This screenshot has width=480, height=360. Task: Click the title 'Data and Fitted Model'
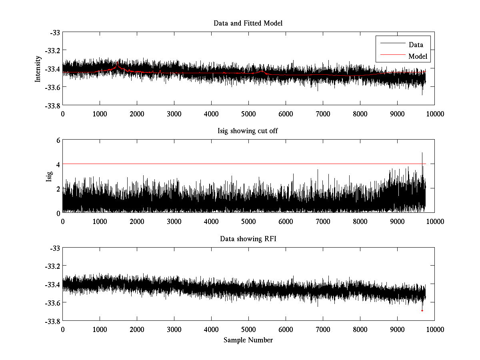248,23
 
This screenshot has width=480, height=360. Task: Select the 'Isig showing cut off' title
248,131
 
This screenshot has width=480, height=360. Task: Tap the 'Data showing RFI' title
248,239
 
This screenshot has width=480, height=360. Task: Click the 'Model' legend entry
418,56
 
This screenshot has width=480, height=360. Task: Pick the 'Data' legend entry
416,45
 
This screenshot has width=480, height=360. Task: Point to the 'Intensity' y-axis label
38,68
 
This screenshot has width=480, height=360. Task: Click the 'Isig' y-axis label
49,176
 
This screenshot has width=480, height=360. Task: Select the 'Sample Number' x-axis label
248,340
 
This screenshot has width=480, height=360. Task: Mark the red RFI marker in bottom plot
422,310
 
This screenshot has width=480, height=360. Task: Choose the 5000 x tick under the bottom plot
248,330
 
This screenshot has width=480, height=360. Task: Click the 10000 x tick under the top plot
434,114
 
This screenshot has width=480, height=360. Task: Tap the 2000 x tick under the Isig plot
137,222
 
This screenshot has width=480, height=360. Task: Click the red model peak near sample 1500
118,64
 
